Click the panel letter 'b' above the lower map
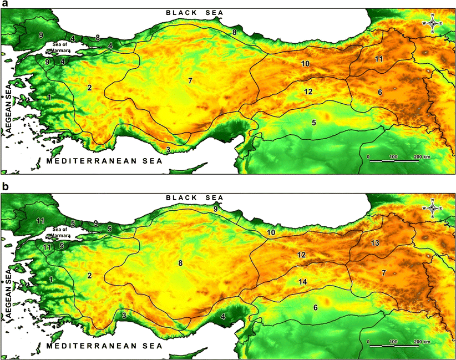(5, 187)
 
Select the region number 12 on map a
(308, 91)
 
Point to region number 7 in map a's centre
(190, 81)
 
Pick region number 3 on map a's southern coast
(168, 150)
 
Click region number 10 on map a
(305, 64)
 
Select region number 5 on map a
(313, 122)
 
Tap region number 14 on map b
(302, 281)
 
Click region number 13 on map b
(375, 243)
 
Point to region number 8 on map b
(180, 265)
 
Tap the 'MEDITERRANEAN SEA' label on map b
(104, 346)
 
